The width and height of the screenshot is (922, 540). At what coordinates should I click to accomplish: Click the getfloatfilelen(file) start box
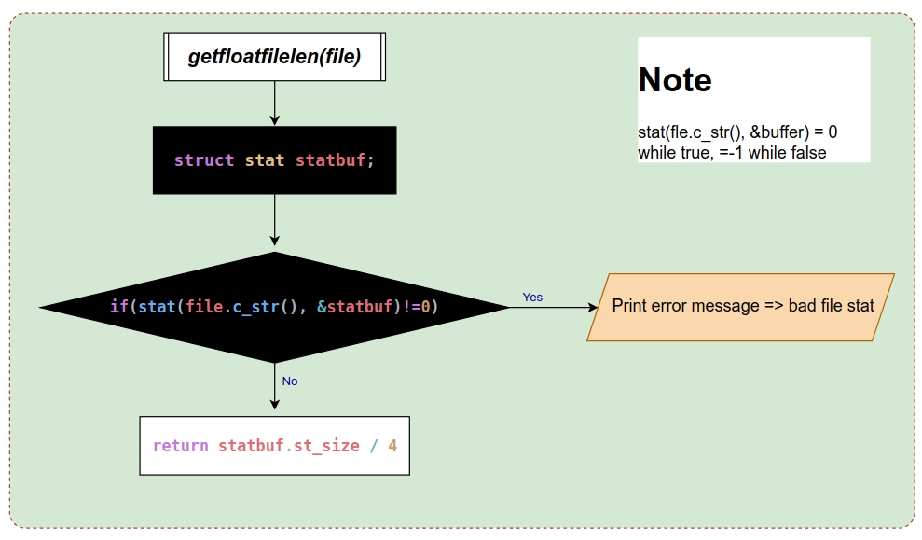pos(275,57)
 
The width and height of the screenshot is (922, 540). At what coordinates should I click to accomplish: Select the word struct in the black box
pos(204,160)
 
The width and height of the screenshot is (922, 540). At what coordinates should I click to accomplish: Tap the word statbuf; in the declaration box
pos(335,160)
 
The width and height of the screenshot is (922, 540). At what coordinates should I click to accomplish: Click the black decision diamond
pos(275,307)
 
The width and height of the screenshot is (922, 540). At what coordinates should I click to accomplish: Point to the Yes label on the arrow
pos(532,298)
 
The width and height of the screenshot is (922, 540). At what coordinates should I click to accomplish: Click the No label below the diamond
pos(290,381)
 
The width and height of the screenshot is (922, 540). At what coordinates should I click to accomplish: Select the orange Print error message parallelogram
pos(740,307)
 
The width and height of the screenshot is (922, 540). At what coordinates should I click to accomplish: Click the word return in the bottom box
pos(181,446)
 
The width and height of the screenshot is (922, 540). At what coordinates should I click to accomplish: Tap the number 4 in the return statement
pos(392,446)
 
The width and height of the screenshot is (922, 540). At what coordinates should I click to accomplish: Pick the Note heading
pos(675,79)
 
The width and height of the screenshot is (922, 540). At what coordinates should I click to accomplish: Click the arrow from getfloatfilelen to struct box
pos(275,103)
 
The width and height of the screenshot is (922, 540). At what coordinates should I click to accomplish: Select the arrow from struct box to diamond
pos(275,220)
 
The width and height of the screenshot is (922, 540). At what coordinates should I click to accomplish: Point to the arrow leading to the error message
pos(554,307)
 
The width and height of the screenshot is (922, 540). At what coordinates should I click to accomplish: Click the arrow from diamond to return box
pos(275,386)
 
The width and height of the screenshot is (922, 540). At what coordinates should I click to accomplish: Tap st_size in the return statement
pos(326,446)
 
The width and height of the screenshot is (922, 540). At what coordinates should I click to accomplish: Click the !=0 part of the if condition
pos(418,307)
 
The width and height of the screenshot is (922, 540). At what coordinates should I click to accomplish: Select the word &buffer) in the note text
pos(779,132)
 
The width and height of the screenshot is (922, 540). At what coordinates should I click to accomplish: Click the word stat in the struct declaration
pos(265,160)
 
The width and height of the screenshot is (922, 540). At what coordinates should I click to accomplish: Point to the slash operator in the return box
pos(374,446)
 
